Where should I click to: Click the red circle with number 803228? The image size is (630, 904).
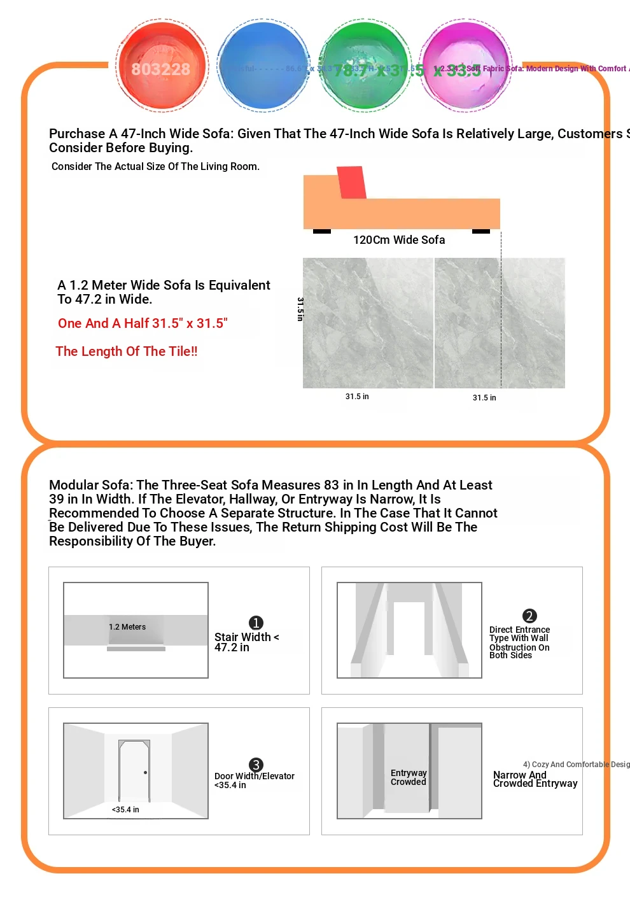pos(162,66)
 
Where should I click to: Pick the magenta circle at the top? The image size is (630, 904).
pos(465,66)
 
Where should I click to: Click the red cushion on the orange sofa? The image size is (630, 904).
pos(351,183)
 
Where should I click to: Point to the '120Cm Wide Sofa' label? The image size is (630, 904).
pos(399,240)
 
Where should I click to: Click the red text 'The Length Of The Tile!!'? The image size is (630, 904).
pos(127,351)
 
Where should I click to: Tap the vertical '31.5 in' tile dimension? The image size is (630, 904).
pos(300,309)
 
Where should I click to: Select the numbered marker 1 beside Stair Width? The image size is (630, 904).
pos(256,623)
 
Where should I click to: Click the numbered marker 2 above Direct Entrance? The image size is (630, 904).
pos(529,616)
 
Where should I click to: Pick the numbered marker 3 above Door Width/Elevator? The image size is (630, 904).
pos(256,765)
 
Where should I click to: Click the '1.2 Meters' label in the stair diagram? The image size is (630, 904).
pos(127,627)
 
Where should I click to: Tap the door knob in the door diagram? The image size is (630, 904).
pos(146,773)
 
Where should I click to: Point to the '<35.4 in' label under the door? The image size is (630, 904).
pos(125,810)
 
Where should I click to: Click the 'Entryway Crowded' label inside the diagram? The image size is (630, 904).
pos(409,777)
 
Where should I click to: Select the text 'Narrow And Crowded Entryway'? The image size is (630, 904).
pos(535,779)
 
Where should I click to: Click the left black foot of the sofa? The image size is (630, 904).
pos(322,231)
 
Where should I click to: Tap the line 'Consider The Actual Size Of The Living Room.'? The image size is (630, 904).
pos(155,167)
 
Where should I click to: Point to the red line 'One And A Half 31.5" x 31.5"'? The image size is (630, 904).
pos(143,323)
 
